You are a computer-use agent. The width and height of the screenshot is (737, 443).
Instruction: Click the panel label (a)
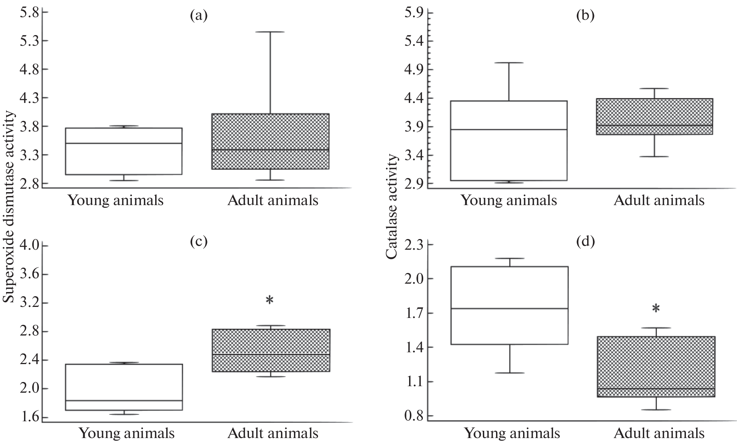pos(199,16)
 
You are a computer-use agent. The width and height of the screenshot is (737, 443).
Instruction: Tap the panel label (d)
pos(586,241)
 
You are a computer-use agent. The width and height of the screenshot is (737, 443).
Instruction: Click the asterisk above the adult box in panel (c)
pos(270,300)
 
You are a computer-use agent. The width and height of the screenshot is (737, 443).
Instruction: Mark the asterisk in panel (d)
pos(656,309)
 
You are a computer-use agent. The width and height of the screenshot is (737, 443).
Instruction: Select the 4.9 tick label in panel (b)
pos(414,69)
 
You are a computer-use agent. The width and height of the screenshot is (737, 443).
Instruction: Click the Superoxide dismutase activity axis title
pos(9,208)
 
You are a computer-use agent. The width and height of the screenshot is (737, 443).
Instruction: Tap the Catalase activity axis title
pos(392,208)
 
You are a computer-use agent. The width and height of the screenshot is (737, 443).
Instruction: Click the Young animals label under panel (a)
pos(116,200)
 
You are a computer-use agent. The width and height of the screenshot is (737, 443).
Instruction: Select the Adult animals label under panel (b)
pos(659,200)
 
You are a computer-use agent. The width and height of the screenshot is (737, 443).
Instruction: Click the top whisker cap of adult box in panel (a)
pos(270,32)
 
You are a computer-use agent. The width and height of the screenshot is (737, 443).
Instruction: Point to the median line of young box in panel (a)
pos(124,143)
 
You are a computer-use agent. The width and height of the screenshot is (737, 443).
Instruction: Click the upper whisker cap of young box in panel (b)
pos(509,63)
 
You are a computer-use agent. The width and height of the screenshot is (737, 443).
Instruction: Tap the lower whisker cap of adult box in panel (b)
pos(654,157)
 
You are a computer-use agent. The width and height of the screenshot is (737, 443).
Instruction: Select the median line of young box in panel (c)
pos(124,401)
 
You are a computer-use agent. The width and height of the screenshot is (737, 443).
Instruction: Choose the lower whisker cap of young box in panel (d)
pos(509,373)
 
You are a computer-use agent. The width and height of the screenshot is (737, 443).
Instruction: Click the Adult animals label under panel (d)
pos(659,433)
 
